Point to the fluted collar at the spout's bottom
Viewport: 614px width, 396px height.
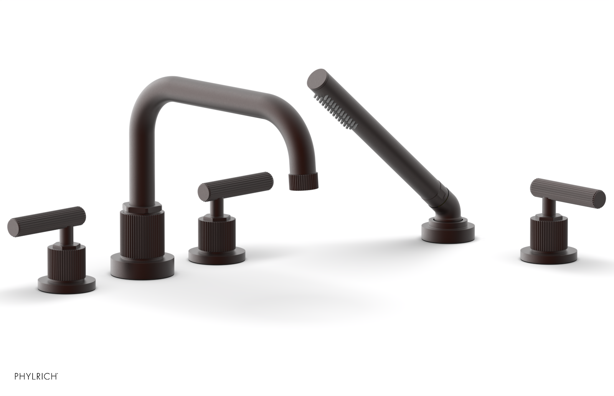pyautogui.click(x=142, y=233)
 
